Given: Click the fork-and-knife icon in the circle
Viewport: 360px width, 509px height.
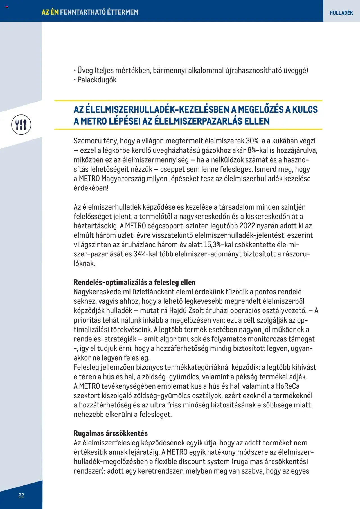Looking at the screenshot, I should click(x=21, y=125).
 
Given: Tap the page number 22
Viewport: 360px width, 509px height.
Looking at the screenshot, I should click(x=21, y=495).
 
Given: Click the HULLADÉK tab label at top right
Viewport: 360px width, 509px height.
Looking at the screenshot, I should click(x=341, y=13).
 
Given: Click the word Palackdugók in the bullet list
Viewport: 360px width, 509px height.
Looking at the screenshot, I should click(x=97, y=80).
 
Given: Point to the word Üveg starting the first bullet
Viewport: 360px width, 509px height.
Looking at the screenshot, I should click(x=85, y=70).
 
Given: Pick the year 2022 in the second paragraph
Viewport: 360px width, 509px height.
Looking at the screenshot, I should click(x=247, y=226).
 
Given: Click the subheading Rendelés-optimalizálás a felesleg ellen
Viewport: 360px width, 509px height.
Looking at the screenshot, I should click(x=134, y=282).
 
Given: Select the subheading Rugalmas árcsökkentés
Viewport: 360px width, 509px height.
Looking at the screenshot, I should click(x=111, y=433).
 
